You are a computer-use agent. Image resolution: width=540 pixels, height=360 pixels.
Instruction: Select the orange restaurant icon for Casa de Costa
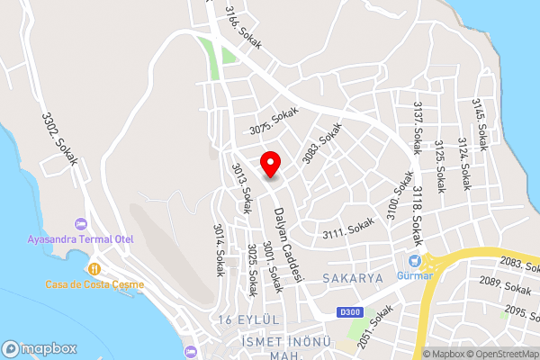[x=94, y=268]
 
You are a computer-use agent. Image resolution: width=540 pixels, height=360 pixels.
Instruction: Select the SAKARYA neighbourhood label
[x=350, y=278]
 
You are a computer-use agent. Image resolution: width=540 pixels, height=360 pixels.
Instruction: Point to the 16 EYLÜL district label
[x=250, y=320]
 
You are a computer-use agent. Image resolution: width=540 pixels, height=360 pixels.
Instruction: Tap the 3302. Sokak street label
[x=60, y=138]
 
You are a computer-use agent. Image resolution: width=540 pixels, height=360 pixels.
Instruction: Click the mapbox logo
[x=37, y=347]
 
